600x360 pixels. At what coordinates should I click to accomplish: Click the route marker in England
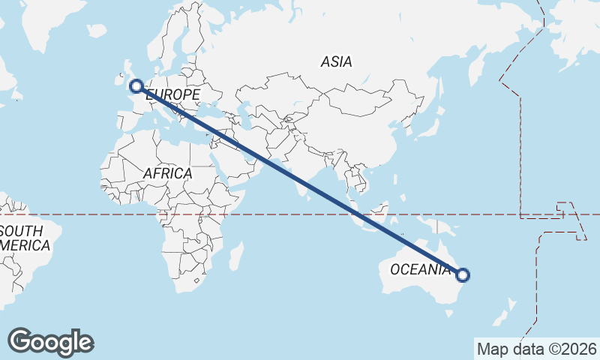(x=136, y=86)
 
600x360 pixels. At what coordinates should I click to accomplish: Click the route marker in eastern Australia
(x=463, y=275)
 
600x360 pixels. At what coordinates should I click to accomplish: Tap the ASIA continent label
(x=336, y=62)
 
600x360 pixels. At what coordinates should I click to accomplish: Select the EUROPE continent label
(x=173, y=94)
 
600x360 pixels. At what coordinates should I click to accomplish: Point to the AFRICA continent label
(x=167, y=173)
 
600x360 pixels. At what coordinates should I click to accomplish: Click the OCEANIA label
(x=421, y=269)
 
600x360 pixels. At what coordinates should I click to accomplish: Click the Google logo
(x=51, y=342)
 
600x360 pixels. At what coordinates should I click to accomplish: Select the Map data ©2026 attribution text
(x=536, y=349)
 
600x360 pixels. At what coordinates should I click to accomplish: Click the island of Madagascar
(x=235, y=256)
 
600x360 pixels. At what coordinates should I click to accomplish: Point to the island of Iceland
(x=97, y=31)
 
